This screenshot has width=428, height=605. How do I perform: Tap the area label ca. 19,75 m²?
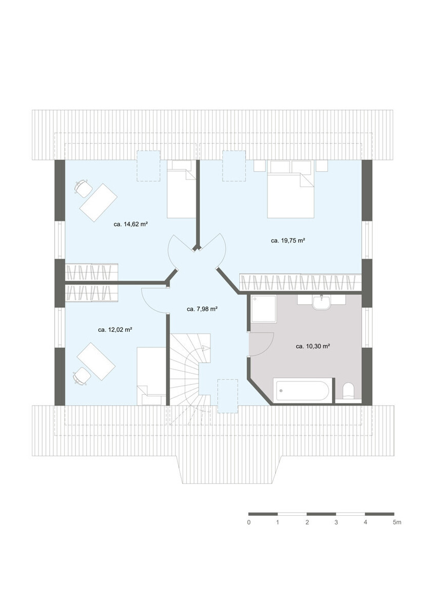point(288,240)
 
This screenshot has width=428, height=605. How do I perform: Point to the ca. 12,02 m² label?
point(115,330)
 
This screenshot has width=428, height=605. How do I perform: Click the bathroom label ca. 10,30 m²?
point(313,347)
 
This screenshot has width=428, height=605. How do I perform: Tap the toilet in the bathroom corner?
point(348,392)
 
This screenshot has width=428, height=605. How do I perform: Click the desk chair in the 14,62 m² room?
point(82,188)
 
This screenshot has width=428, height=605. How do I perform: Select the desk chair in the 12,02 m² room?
point(81,377)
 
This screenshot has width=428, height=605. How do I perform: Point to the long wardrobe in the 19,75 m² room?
point(300,282)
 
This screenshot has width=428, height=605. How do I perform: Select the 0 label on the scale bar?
point(249,522)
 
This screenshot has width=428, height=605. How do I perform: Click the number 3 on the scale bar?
point(336,522)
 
